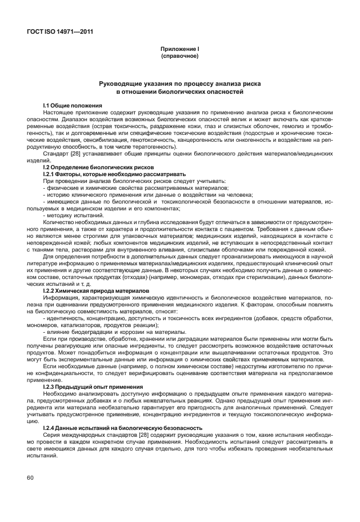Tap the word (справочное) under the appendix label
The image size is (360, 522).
(x=179, y=57)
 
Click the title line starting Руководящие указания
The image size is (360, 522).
(x=179, y=83)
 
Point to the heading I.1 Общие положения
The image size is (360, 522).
(x=73, y=106)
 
